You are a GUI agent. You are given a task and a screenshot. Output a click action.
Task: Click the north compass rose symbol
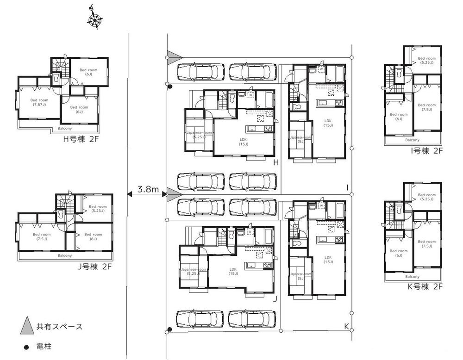point(95,19)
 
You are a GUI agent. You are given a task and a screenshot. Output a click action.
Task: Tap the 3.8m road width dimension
point(148,189)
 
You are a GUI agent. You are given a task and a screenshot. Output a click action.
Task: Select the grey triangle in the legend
point(27,326)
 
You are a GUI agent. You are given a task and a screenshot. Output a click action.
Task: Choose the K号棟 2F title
point(425,286)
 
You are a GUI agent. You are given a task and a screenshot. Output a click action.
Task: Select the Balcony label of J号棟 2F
point(65,255)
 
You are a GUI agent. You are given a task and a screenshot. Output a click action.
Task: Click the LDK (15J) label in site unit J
point(233,271)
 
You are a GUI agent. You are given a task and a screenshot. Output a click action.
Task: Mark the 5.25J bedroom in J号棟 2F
point(98,209)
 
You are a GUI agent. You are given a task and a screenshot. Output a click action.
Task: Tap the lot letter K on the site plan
point(346,326)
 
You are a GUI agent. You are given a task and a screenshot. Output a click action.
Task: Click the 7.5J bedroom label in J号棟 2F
point(42,236)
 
